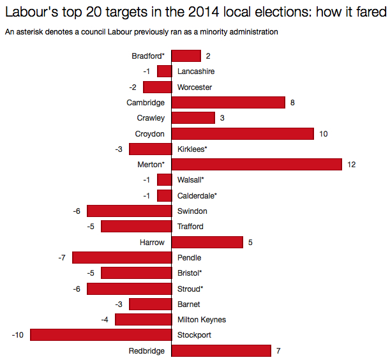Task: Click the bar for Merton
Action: tap(257, 165)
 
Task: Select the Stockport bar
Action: tap(101, 335)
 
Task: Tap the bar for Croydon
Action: tap(243, 133)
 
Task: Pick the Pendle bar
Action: tap(122, 258)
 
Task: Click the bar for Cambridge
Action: tap(228, 103)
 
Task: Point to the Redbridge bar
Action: tap(221, 350)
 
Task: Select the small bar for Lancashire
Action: tap(164, 71)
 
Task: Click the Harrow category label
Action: tap(152, 243)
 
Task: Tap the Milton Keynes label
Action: tap(201, 320)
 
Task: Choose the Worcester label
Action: tap(195, 87)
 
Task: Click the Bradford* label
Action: tap(148, 56)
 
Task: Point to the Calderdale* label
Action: tap(197, 196)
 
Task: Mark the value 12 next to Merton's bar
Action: tap(351, 165)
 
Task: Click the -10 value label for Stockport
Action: tap(18, 335)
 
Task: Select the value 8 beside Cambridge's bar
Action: tap(292, 103)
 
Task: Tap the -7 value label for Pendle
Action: tap(62, 258)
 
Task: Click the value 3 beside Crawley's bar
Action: tap(221, 118)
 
